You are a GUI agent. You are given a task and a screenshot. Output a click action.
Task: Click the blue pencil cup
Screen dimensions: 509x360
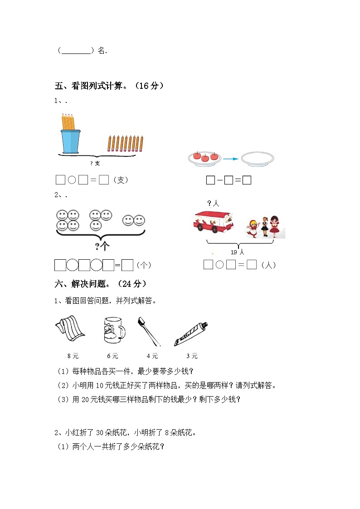click(70, 141)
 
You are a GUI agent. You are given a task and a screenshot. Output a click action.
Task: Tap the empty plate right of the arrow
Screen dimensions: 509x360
click(257, 159)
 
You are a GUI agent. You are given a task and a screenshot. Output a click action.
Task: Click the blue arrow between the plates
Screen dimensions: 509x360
click(230, 159)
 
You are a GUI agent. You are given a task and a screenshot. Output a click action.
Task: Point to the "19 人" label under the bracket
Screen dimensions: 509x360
click(237, 252)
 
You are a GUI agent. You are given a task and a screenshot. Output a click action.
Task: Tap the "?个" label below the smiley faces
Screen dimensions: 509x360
click(102, 247)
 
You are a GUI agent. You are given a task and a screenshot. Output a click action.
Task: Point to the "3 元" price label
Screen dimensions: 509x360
click(192, 356)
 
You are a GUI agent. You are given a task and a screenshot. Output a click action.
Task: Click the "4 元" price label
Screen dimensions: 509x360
click(152, 356)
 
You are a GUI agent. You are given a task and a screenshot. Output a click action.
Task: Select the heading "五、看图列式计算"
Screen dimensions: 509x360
click(109, 86)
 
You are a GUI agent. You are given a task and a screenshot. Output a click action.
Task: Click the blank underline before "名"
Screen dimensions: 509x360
click(76, 51)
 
